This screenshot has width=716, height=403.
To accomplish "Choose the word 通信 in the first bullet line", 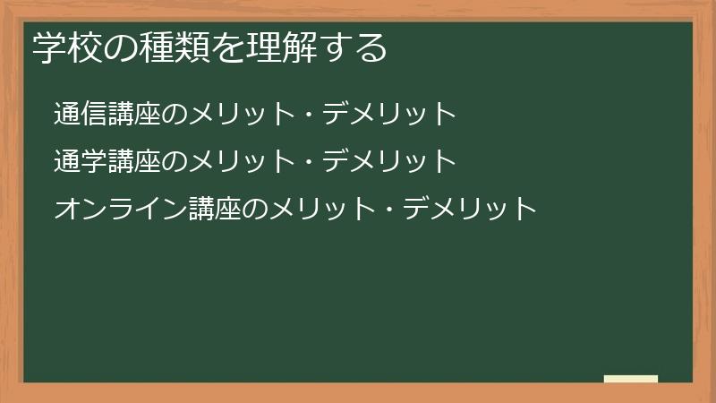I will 81,114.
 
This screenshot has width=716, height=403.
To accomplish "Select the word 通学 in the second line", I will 81,161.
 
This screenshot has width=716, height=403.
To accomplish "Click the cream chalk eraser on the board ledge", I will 631,379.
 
